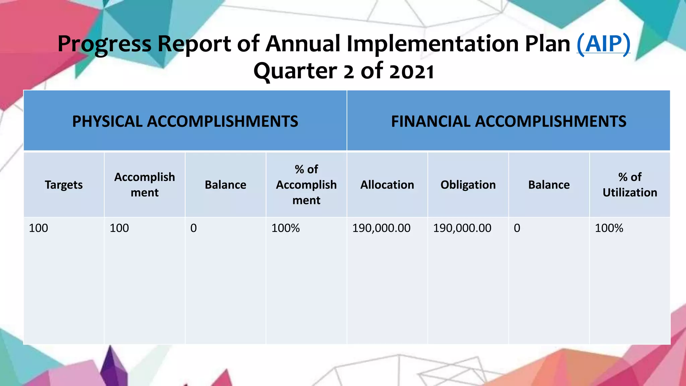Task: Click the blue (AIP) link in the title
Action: click(x=603, y=44)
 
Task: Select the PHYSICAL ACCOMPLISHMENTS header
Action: click(x=185, y=121)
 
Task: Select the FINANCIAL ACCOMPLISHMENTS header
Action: click(x=508, y=121)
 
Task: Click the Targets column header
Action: click(x=64, y=185)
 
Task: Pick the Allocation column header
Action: click(x=387, y=185)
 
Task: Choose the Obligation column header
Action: click(x=468, y=185)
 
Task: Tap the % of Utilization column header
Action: click(x=630, y=185)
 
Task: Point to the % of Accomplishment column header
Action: click(x=306, y=185)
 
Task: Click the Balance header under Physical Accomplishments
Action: click(x=225, y=185)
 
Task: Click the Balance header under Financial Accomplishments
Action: click(x=549, y=185)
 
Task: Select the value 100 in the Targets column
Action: click(x=39, y=228)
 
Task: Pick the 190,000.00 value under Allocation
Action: click(x=381, y=228)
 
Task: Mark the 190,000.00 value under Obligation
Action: click(x=462, y=228)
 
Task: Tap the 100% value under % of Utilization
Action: click(x=609, y=228)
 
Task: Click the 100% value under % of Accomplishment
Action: click(x=285, y=228)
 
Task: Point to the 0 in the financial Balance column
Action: click(x=517, y=228)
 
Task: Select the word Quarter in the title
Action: click(x=295, y=71)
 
